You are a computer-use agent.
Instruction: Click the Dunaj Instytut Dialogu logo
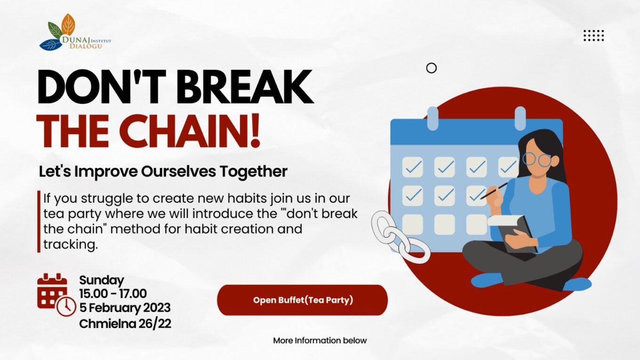coord(75,32)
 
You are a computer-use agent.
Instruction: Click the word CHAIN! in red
coord(192,131)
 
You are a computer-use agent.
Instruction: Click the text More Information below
coord(320,341)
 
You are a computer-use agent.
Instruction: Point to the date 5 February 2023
coord(125,308)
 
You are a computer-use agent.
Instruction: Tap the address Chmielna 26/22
coord(125,324)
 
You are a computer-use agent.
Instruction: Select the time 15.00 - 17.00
coord(113,294)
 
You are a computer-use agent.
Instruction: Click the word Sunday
coord(102,280)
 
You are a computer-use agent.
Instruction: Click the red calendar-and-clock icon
coord(56,295)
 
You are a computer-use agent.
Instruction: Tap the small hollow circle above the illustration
coord(431,68)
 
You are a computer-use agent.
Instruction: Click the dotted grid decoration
coord(594,35)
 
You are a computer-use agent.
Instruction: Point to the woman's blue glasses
coord(537,160)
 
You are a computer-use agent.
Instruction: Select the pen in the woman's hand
coord(494,191)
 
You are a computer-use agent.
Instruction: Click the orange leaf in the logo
coord(68,24)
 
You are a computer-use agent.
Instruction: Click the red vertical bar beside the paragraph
coord(39,222)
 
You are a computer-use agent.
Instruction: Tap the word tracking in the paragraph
coord(71,245)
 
